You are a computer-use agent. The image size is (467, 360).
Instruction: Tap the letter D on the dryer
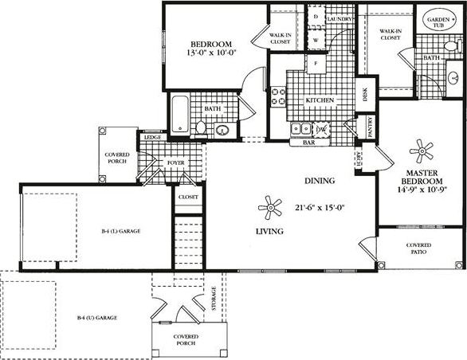[316, 16]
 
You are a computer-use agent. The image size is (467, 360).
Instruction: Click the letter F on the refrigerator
[316, 62]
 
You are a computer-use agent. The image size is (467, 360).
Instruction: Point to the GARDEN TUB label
[438, 22]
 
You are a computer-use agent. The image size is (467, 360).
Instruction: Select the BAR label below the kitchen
[309, 143]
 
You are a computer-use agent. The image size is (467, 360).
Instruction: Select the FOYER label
[175, 162]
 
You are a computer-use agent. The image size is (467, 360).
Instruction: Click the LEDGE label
[152, 138]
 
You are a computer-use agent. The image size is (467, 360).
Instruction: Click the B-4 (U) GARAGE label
[97, 318]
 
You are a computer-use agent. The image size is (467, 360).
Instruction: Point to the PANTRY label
[371, 125]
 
